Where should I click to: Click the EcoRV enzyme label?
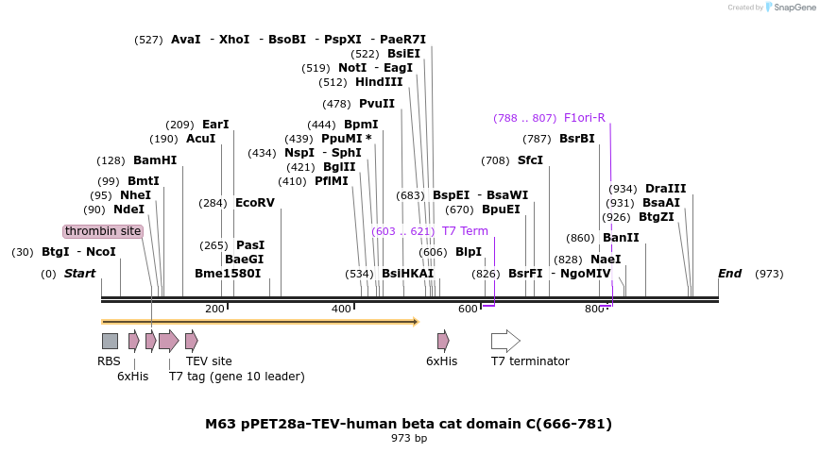254,203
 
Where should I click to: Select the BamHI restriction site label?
155,160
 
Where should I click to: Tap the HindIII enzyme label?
379,82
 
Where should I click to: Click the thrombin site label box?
104,231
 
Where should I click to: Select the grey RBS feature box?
110,341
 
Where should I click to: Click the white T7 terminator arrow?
505,341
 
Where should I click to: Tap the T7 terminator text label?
530,361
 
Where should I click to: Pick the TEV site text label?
209,361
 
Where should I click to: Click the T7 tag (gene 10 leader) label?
236,377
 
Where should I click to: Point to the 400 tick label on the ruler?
341,310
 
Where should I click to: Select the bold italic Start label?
80,274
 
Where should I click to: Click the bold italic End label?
729,274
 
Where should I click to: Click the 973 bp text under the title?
409,438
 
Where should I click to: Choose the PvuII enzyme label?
377,104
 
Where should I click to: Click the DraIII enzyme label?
666,189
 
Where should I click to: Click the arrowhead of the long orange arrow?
414,322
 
